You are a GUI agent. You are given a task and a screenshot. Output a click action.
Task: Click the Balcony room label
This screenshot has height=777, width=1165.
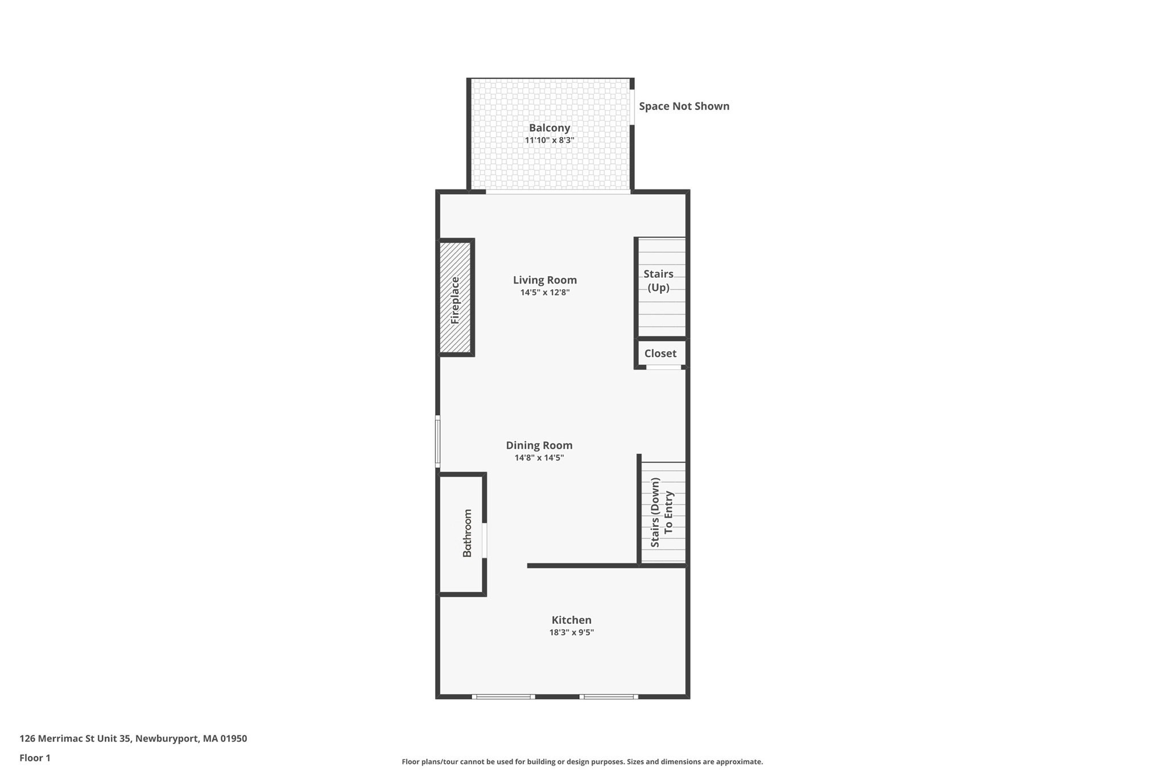(549, 128)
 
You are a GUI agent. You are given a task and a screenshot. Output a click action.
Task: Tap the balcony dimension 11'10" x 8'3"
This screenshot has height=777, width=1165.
(549, 140)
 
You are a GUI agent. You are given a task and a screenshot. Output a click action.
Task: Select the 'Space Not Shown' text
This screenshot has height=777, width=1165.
(684, 106)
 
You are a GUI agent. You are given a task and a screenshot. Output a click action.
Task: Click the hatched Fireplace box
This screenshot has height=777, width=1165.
(455, 298)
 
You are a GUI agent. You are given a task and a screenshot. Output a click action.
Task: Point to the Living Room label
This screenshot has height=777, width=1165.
(544, 279)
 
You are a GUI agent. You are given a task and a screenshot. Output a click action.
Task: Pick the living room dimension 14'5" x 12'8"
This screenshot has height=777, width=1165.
(544, 293)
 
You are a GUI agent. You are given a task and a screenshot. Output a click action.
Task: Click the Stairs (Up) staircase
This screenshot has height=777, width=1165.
(660, 287)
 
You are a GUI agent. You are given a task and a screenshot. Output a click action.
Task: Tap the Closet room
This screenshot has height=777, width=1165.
(660, 353)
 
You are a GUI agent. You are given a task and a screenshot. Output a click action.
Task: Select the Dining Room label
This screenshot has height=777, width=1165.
(539, 445)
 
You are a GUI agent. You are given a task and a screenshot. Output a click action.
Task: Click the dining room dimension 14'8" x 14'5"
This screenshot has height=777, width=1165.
(539, 458)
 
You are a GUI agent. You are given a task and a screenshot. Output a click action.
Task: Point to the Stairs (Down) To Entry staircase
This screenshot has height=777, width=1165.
(662, 512)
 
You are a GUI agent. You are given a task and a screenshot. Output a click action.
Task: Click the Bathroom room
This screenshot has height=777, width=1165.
(462, 533)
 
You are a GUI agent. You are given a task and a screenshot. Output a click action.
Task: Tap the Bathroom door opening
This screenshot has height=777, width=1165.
(485, 540)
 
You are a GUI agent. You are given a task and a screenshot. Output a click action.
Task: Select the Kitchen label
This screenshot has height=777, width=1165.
(571, 620)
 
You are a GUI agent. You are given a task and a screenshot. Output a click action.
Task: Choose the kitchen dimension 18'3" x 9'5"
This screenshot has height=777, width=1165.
(571, 632)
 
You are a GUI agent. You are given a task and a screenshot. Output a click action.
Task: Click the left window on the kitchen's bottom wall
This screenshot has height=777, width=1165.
(503, 697)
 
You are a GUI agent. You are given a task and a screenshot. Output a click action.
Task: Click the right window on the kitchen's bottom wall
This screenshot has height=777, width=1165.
(609, 697)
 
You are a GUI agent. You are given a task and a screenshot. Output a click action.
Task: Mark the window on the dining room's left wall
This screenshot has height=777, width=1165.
(437, 441)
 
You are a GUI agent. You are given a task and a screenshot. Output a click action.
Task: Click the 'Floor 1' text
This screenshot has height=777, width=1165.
(35, 758)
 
